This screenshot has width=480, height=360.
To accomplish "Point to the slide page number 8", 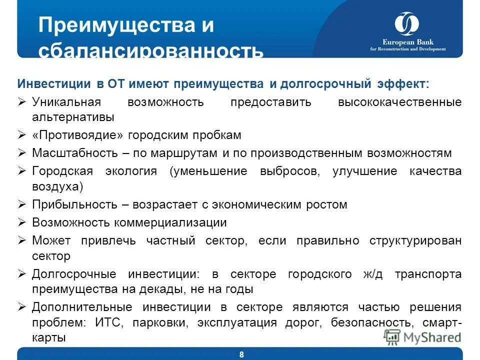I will (x=242, y=354).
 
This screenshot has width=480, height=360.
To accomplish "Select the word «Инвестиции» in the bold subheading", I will (x=54, y=83).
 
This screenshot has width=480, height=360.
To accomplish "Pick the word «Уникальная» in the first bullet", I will (x=66, y=102).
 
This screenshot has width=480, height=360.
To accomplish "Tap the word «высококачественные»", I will (x=399, y=102).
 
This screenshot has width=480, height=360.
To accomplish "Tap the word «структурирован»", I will (x=415, y=240).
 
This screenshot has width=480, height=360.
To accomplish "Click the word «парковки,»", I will (x=161, y=322).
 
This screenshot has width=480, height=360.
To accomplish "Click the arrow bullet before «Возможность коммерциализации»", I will (x=22, y=222).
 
